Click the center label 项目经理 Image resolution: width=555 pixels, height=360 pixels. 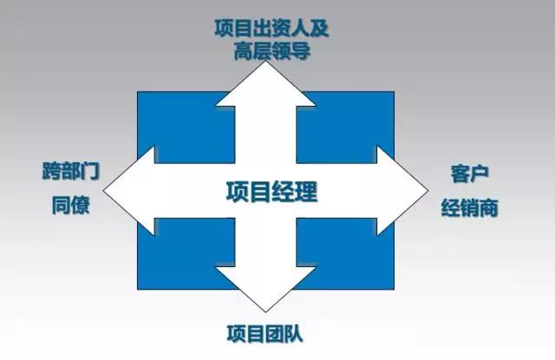(271, 192)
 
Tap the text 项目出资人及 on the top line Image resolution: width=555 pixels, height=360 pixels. (271, 29)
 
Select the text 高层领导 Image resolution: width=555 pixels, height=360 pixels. (271, 50)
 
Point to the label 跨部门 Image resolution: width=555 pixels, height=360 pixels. (71, 171)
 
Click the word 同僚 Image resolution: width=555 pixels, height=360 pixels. (71, 205)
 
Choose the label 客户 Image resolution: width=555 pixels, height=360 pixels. (469, 173)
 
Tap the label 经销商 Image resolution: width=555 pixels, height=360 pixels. (469, 207)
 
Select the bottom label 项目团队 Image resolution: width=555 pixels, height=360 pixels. (264, 334)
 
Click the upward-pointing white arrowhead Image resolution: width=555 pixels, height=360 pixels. (265, 84)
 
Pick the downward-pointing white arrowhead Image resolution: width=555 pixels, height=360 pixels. (265, 289)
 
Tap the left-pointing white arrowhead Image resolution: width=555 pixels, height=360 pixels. (129, 191)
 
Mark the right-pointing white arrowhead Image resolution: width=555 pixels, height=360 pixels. (402, 191)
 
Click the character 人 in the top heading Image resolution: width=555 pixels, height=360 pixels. (300, 29)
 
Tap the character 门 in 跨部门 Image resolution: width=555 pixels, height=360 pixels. (90, 171)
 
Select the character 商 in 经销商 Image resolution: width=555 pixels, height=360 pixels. (488, 207)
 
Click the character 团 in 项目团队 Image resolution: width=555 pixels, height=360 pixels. (274, 334)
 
